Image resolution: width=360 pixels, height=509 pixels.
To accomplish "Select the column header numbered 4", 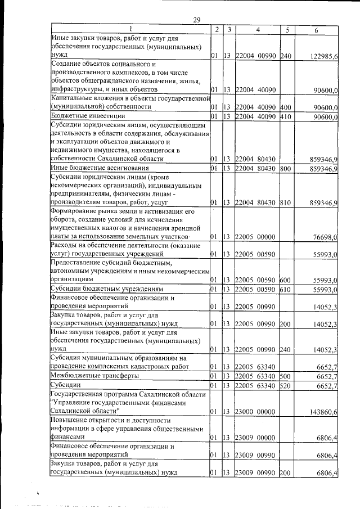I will pos(256,29).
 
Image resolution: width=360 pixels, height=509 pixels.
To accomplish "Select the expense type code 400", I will pos(285,106).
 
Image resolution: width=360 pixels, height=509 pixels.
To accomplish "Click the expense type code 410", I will pos(285,116).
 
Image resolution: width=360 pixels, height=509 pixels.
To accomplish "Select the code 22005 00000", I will pos(255,238).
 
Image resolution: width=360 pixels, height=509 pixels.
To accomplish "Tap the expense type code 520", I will pos(285,386).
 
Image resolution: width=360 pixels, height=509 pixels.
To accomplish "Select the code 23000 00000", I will pos(255,412).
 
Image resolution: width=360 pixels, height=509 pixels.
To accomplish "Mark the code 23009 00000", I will pos(255,436).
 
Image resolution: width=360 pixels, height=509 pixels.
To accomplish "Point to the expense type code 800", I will pos(285,168).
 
